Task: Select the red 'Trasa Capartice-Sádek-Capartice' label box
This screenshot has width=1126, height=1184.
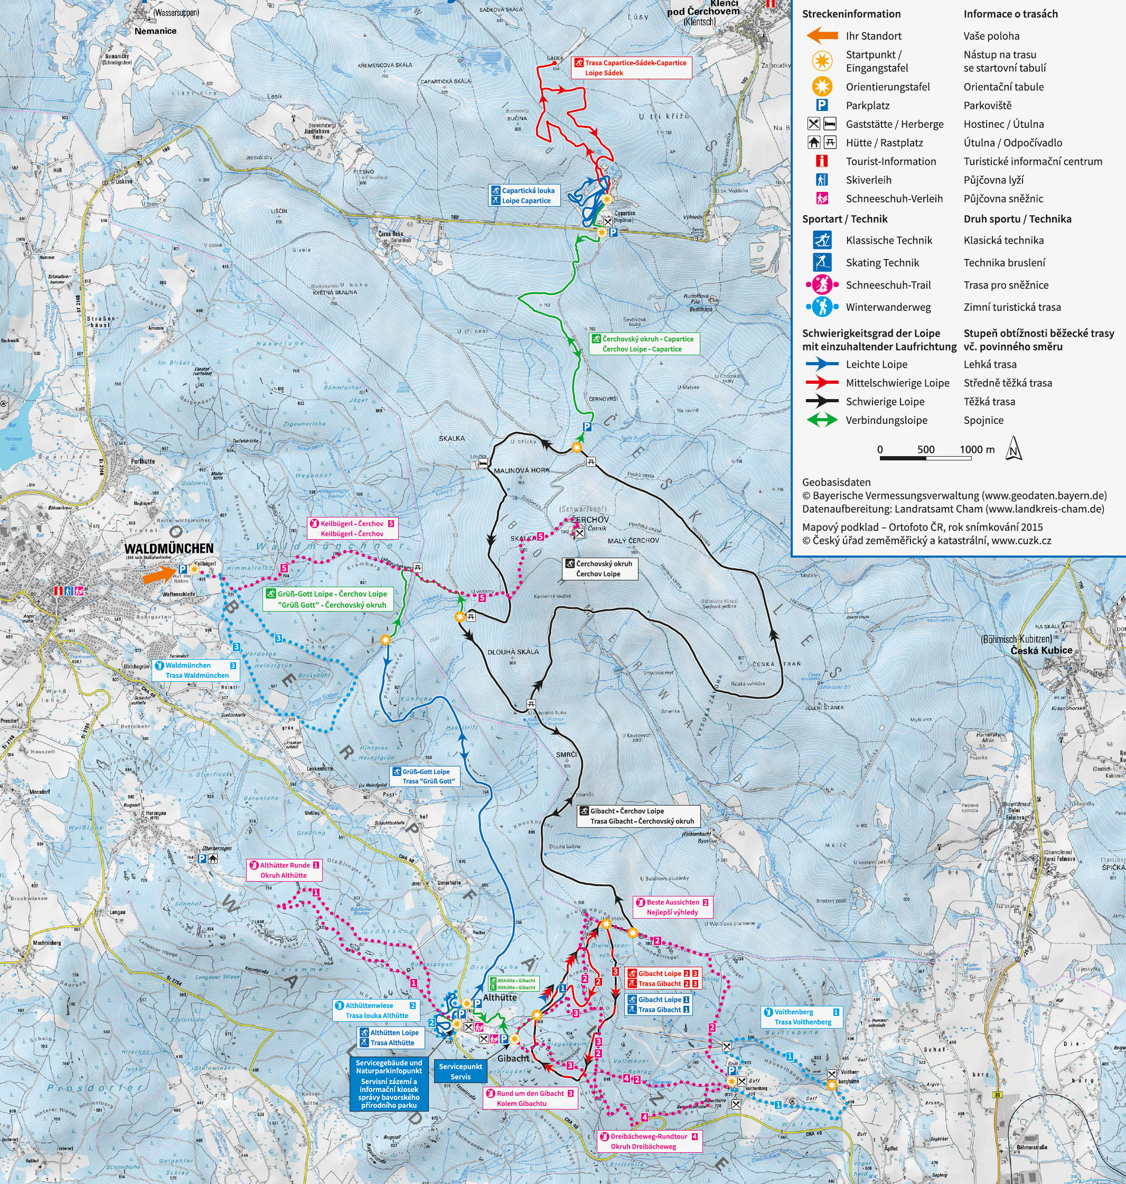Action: click(631, 67)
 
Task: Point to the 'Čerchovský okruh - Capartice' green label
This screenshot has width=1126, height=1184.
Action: click(643, 344)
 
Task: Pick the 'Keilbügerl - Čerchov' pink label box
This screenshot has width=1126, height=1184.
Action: click(352, 528)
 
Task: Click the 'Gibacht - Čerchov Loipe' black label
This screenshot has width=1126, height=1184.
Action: click(638, 816)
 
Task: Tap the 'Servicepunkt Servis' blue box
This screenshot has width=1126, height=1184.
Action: click(461, 1071)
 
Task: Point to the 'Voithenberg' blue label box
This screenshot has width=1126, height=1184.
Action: click(801, 1016)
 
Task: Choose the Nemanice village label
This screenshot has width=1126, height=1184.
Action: click(155, 31)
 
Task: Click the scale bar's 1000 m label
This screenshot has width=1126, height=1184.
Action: click(977, 449)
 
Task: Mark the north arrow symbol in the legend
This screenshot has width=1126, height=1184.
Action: click(1013, 449)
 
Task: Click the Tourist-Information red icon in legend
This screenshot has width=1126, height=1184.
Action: click(822, 161)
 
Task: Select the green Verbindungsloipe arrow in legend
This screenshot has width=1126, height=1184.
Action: click(821, 420)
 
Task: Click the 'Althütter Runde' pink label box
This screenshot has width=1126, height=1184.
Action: click(283, 870)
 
